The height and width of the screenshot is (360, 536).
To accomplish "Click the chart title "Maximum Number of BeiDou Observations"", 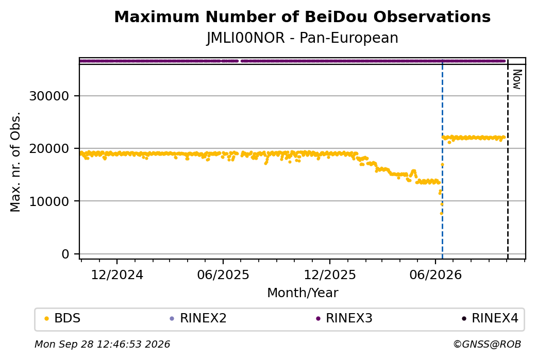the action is click(x=302, y=16).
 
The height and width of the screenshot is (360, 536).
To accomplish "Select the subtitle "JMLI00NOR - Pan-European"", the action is click(x=302, y=38).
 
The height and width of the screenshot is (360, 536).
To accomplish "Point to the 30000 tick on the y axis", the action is click(x=49, y=96).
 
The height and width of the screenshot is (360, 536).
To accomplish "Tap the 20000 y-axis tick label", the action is click(x=49, y=148).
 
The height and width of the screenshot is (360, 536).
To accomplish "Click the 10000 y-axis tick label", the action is click(x=49, y=201).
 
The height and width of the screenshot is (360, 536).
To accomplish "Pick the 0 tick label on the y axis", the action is click(x=65, y=254).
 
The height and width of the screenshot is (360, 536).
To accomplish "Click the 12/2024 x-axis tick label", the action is click(x=117, y=275).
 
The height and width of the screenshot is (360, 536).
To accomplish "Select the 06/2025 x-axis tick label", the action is click(x=223, y=275).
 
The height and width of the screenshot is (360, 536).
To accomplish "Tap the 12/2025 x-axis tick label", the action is click(x=330, y=275).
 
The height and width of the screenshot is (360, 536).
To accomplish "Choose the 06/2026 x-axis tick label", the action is click(x=435, y=275).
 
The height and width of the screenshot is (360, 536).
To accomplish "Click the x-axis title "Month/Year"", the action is click(x=303, y=293).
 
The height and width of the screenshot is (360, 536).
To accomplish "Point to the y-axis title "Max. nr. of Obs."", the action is click(x=15, y=162).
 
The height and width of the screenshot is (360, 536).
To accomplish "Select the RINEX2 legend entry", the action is click(x=198, y=318).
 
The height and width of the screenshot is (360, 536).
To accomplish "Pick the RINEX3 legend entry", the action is click(x=344, y=318).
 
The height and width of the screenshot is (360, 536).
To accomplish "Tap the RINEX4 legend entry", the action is click(x=490, y=318).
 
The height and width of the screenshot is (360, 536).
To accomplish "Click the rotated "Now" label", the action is click(x=517, y=80).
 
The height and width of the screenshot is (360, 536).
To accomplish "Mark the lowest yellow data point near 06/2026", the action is click(x=441, y=213).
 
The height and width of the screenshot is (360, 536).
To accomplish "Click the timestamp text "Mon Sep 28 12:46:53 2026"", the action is click(x=103, y=344).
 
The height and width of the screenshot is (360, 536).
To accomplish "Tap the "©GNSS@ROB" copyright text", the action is click(x=487, y=344).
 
